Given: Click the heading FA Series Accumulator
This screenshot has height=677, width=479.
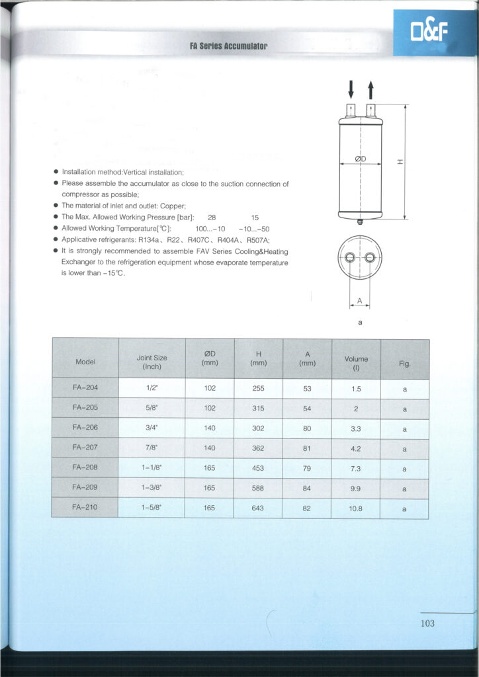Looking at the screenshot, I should pyautogui.click(x=228, y=46).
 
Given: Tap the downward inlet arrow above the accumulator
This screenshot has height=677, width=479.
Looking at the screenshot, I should pyautogui.click(x=351, y=89).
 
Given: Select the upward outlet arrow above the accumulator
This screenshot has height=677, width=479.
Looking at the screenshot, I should pyautogui.click(x=370, y=89).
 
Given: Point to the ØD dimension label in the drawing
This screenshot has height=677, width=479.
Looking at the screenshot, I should pyautogui.click(x=361, y=159).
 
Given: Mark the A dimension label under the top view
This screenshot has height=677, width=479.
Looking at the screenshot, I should pyautogui.click(x=360, y=301).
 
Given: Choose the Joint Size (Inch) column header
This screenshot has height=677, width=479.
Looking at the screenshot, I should pyautogui.click(x=152, y=362).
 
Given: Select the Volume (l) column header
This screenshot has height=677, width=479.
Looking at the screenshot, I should pyautogui.click(x=356, y=362).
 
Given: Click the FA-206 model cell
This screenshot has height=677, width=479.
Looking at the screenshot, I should pyautogui.click(x=85, y=428).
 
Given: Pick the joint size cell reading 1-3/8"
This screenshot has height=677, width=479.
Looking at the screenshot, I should pyautogui.click(x=152, y=489).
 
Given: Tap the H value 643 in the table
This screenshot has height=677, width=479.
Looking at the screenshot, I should pyautogui.click(x=258, y=508).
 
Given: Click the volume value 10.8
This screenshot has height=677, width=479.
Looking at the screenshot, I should pyautogui.click(x=356, y=508).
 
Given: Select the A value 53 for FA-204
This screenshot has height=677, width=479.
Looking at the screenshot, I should pyautogui.click(x=307, y=389).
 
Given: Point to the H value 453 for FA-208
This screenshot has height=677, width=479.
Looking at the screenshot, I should pyautogui.click(x=258, y=469).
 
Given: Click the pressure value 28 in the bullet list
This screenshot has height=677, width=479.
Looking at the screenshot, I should pyautogui.click(x=212, y=217).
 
